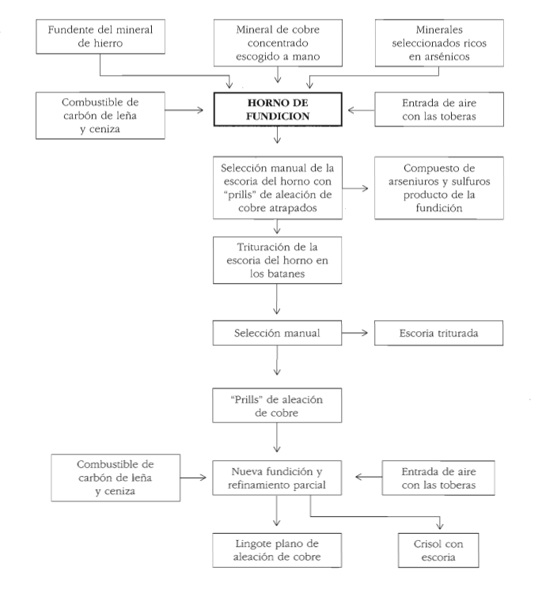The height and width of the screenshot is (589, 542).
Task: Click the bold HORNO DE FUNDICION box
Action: click(278, 109)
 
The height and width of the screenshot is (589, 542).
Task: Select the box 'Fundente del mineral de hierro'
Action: click(100, 36)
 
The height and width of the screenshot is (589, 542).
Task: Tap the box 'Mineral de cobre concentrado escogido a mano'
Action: click(278, 43)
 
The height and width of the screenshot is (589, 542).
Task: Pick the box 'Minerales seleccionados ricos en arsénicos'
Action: click(439, 43)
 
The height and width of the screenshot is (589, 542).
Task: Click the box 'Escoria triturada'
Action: click(438, 333)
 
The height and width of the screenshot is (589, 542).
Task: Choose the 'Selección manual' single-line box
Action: click(277, 333)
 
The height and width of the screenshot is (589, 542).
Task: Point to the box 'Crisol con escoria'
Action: click(438, 550)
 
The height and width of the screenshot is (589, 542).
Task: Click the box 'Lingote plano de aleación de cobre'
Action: click(277, 550)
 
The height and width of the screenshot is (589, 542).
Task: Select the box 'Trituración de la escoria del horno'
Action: click(277, 260)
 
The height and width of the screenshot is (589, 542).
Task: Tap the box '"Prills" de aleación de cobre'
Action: click(277, 406)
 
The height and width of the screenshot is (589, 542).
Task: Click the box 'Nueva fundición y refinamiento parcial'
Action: click(277, 478)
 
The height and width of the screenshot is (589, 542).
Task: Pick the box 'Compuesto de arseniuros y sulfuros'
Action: click(439, 188)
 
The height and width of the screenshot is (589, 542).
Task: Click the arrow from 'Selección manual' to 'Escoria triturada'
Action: click(354, 332)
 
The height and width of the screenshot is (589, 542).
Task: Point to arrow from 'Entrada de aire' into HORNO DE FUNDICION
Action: click(362, 110)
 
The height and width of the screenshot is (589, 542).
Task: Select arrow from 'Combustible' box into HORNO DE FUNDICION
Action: click(184, 110)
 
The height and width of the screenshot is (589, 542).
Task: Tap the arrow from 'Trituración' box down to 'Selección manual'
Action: click(277, 299)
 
